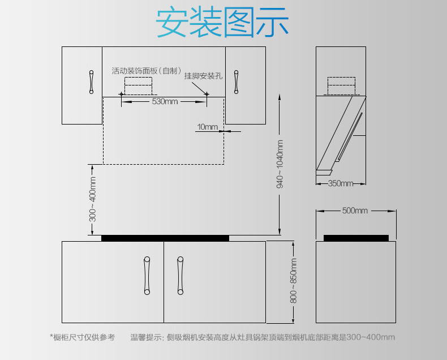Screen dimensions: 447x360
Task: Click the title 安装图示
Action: click(x=222, y=22)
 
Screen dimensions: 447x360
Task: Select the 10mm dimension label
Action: click(x=207, y=127)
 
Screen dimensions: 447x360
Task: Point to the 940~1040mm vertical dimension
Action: click(x=280, y=164)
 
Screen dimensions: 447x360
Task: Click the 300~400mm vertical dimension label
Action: click(x=92, y=199)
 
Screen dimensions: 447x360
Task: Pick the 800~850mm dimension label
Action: click(x=293, y=281)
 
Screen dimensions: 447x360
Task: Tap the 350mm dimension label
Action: click(x=341, y=183)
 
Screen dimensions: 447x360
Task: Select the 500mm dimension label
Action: click(x=355, y=211)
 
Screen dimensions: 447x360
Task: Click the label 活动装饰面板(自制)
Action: click(x=146, y=71)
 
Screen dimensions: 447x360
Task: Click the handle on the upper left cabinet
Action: click(x=91, y=82)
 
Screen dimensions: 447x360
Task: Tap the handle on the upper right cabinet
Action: click(x=237, y=82)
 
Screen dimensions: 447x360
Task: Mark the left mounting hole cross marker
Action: click(x=121, y=93)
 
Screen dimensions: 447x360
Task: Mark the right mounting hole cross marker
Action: click(x=207, y=93)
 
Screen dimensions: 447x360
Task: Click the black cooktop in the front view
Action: click(x=165, y=238)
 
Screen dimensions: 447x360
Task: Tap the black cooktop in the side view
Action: click(x=356, y=238)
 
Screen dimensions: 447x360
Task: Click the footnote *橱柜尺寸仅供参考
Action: click(x=82, y=337)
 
